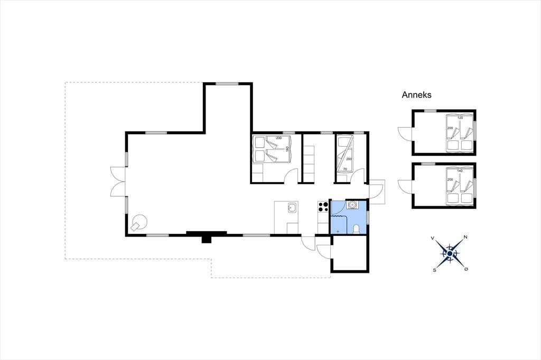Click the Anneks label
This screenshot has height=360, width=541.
click(x=416, y=95)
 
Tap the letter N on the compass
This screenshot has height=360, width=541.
click(x=465, y=237)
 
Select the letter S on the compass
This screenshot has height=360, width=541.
click(x=434, y=270)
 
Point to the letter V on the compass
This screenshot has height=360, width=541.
click(x=432, y=238)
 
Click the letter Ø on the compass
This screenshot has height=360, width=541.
click(x=466, y=269)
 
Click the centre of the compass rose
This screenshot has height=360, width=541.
click(x=450, y=254)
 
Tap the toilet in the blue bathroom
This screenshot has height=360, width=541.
click(x=356, y=229)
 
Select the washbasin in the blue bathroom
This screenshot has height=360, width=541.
click(x=352, y=205)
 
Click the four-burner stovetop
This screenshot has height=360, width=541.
click(x=323, y=206)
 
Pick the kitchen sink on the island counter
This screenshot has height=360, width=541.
click(x=292, y=207)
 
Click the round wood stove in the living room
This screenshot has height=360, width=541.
click(x=139, y=221)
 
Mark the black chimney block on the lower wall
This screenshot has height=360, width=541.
click(x=207, y=236)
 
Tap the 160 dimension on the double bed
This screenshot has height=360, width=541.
click(x=287, y=149)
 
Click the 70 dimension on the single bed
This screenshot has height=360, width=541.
click(x=344, y=169)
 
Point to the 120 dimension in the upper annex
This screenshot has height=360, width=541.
click(x=460, y=118)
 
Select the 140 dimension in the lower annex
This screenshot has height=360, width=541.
click(x=460, y=170)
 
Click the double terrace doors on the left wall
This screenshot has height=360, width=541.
click(x=118, y=182)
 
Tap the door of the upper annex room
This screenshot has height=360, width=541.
click(x=405, y=133)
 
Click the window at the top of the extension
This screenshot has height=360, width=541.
click(x=227, y=83)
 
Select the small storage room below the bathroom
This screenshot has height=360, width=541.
click(x=350, y=253)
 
